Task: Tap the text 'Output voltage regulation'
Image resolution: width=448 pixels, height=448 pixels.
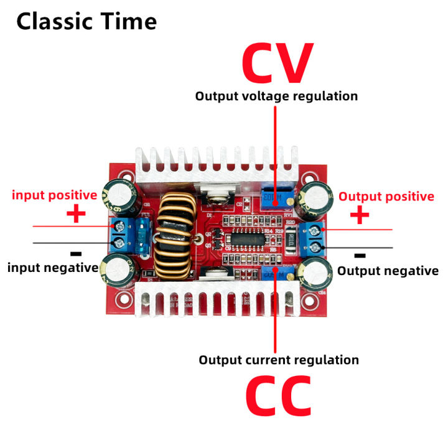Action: pos(276,96)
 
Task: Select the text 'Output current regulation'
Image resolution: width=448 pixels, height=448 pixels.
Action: pos(278,360)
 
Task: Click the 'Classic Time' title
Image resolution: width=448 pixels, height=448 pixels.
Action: pos(86,22)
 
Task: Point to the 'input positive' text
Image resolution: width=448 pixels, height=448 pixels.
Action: pos(55,195)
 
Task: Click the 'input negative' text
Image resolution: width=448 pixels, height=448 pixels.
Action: pos(53,268)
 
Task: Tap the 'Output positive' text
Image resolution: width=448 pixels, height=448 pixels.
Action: pos(386,197)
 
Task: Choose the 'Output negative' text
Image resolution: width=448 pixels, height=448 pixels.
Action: pos(388,271)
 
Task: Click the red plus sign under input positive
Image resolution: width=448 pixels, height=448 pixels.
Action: pos(75,215)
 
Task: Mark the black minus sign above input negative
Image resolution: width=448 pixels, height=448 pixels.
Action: pos(76,254)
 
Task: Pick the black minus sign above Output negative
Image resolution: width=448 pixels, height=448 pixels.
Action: pos(359,255)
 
